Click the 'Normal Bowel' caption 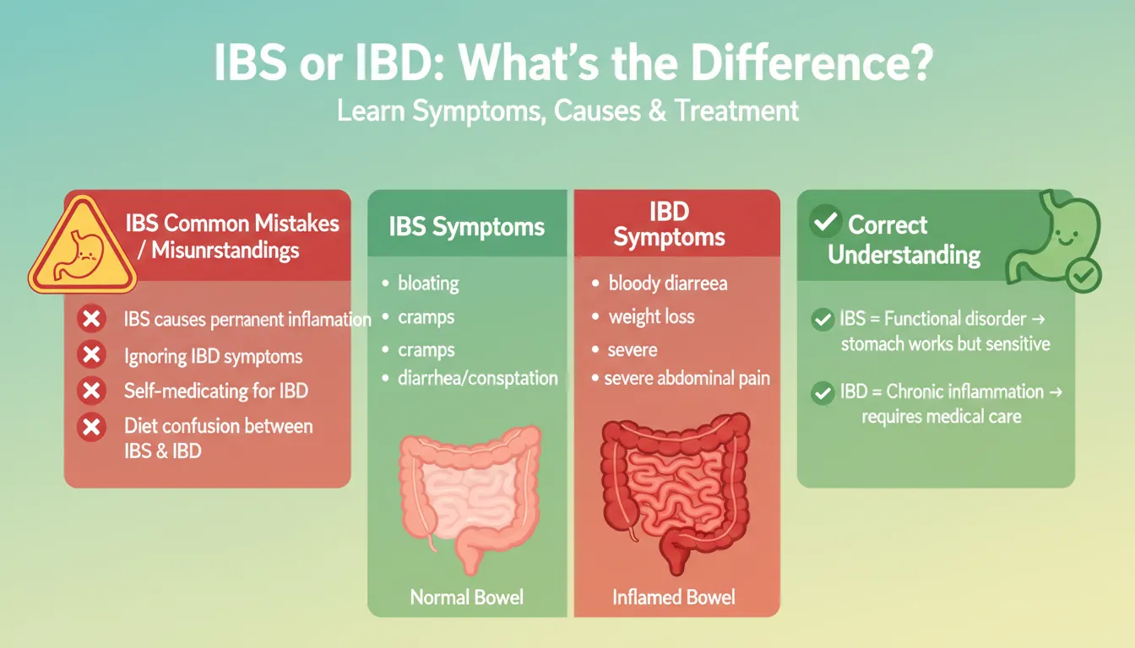tap(467, 597)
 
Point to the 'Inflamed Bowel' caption tap(673, 597)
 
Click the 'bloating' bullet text tap(428, 283)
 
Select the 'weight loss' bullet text tap(651, 317)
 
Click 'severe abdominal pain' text tap(687, 379)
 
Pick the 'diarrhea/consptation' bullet tap(477, 378)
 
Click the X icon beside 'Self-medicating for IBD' tap(90, 391)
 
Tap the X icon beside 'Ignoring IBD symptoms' tap(90, 356)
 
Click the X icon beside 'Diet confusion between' tap(90, 427)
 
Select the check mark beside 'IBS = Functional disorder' tap(821, 320)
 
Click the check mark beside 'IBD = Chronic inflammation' tap(821, 392)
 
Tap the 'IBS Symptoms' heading tap(467, 227)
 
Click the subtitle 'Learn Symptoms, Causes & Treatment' tap(567, 111)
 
